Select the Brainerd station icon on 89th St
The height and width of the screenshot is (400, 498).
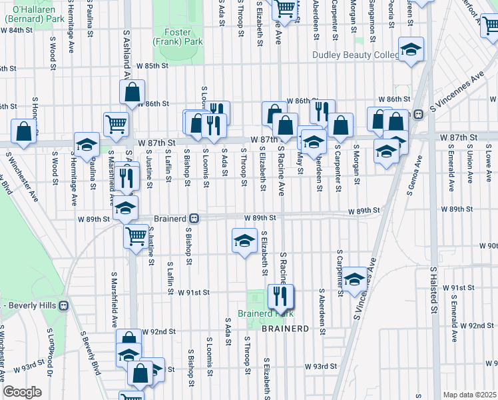pyautogui.click(x=194, y=218)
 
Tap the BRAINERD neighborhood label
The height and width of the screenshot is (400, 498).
pyautogui.click(x=285, y=329)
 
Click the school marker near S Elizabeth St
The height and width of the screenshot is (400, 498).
pyautogui.click(x=244, y=240)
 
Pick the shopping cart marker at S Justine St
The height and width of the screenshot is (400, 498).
pyautogui.click(x=136, y=235)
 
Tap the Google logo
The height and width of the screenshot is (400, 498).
pyautogui.click(x=22, y=392)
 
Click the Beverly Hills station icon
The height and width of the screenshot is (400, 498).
pyautogui.click(x=64, y=306)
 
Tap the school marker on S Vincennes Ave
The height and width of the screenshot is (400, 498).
pyautogui.click(x=354, y=279)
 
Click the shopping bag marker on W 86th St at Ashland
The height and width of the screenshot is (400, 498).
pyautogui.click(x=132, y=92)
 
